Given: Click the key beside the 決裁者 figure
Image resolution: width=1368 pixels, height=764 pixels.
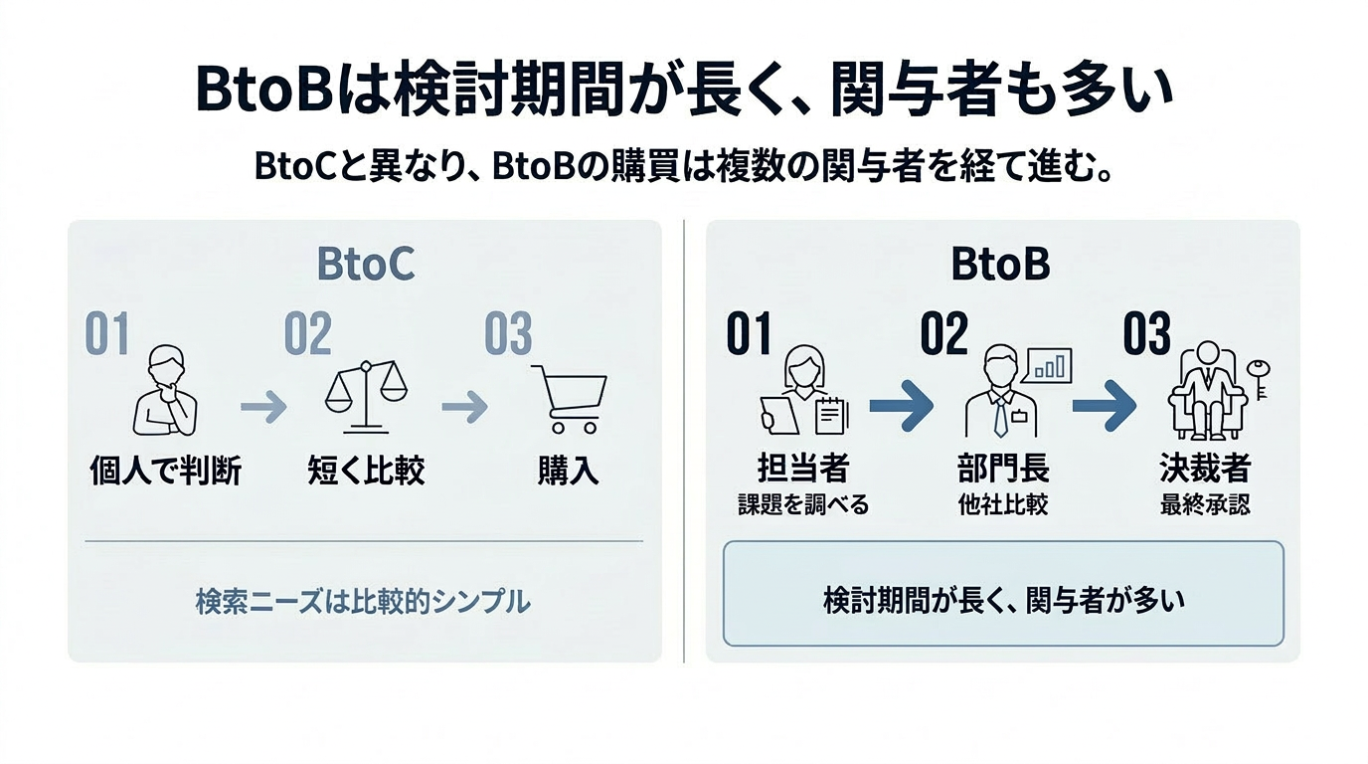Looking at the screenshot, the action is click(1261, 379).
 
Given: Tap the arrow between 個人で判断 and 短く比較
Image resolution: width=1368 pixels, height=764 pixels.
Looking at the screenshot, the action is click(263, 406).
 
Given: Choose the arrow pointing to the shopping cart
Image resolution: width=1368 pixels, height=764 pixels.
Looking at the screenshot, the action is click(464, 406).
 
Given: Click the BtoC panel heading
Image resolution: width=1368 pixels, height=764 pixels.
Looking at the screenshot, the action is click(365, 265).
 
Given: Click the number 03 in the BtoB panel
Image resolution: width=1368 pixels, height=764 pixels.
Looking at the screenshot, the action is click(1146, 335).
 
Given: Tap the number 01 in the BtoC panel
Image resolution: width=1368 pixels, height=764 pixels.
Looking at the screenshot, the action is click(107, 335).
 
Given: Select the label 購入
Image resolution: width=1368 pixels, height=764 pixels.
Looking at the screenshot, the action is click(568, 471).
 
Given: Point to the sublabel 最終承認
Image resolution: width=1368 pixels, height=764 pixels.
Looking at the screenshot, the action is click(1205, 504).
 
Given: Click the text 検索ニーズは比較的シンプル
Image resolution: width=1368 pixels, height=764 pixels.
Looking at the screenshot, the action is click(363, 602).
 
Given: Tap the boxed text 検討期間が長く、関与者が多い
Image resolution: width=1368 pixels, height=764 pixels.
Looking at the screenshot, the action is click(1003, 602).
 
